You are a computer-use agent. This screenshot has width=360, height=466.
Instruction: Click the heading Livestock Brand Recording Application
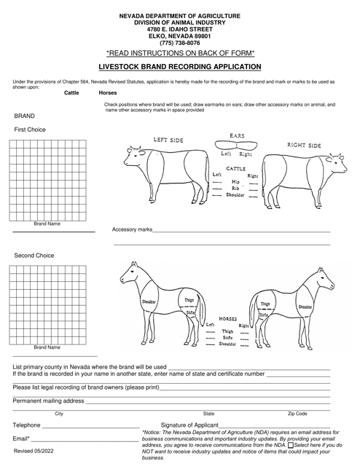click(x=180, y=66)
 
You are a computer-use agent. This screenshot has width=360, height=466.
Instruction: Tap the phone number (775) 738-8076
click(x=180, y=43)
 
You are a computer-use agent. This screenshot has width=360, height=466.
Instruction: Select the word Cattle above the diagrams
click(x=72, y=93)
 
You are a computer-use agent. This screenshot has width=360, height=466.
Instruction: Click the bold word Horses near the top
click(x=107, y=93)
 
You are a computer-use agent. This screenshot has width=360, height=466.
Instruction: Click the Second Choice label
click(x=34, y=256)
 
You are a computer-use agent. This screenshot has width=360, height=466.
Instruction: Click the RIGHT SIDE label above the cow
click(x=304, y=146)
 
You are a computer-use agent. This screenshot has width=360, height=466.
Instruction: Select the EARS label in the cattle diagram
click(x=237, y=136)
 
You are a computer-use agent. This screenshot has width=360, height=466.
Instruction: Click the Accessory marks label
click(x=133, y=229)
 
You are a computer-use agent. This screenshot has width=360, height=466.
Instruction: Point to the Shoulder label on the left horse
click(x=149, y=301)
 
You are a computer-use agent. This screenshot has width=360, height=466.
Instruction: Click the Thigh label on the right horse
click(x=265, y=304)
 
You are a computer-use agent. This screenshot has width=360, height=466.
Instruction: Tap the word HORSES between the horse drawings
click(x=228, y=319)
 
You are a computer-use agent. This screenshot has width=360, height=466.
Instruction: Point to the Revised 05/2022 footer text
click(x=34, y=452)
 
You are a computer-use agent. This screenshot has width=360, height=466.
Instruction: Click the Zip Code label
click(x=297, y=413)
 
